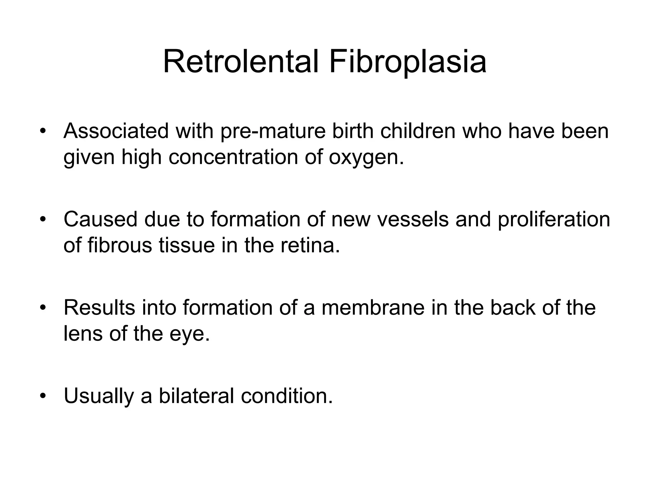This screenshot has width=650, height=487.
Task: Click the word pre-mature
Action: [x=273, y=131]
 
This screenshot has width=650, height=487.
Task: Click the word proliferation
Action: [x=554, y=219]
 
